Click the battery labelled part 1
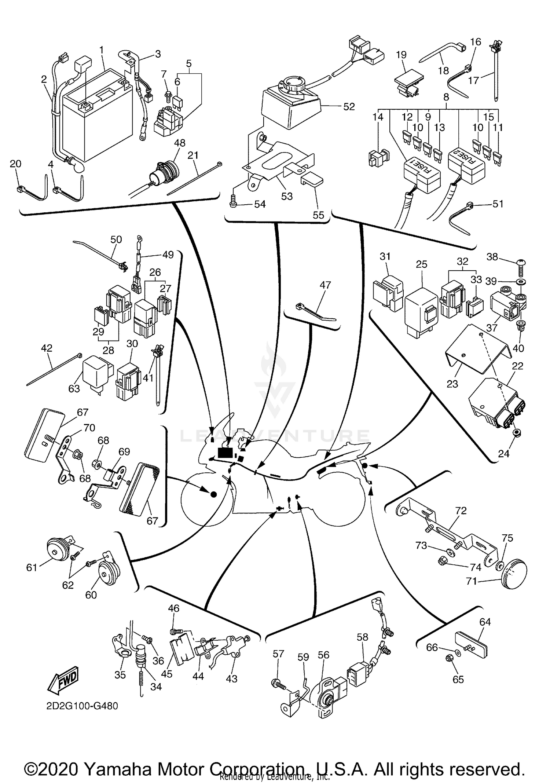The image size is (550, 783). point(97,121)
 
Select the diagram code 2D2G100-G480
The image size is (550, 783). point(82,706)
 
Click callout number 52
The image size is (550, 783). point(349,107)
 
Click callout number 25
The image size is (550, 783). point(422,264)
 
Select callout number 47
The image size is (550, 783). point(325,285)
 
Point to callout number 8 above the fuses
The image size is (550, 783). point(446,97)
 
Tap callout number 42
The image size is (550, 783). point(47,348)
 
